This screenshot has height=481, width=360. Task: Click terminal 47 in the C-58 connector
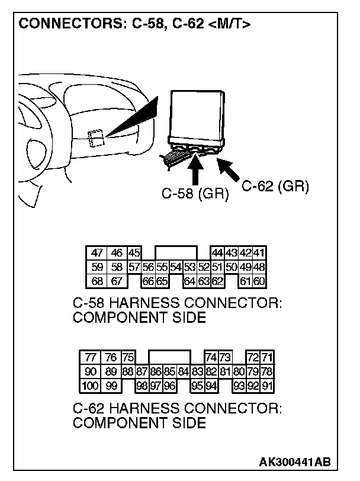(97, 253)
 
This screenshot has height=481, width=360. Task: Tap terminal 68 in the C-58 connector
(97, 280)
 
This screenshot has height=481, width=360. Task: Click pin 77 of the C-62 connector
(91, 357)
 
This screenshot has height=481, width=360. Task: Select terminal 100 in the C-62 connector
(90, 386)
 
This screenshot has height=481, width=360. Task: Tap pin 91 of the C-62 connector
(268, 386)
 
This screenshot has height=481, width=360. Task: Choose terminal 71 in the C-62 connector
(268, 357)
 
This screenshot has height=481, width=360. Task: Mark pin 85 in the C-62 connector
(169, 371)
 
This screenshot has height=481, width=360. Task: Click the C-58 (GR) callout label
(195, 193)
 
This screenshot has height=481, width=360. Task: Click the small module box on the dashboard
(94, 139)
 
